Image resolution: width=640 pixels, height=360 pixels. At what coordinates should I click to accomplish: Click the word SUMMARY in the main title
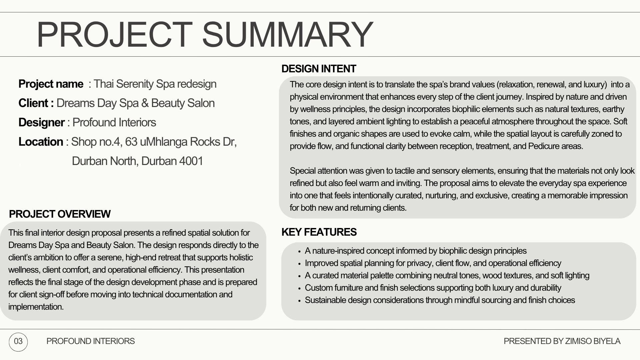pos(287,34)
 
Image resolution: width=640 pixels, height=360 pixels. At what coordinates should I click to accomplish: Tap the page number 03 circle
pos(18,341)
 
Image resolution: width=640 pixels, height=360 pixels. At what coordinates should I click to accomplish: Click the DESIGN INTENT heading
pos(319,69)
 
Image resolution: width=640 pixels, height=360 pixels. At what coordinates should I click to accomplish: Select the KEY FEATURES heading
pos(319,232)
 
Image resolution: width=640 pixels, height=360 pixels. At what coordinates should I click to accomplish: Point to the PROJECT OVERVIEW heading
pos(60,214)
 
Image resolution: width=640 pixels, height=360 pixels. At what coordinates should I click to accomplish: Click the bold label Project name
pos(51,84)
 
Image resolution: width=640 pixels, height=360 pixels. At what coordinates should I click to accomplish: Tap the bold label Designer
pos(42,122)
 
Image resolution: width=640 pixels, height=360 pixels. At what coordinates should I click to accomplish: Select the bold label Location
pos(41,142)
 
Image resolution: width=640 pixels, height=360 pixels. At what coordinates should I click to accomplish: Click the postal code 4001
pos(191,161)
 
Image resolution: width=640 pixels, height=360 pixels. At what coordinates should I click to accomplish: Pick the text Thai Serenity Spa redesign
pos(155,84)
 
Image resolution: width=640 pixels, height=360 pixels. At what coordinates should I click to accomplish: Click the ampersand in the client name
pos(145,103)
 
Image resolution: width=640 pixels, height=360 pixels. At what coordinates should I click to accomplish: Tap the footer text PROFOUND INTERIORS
pos(91,341)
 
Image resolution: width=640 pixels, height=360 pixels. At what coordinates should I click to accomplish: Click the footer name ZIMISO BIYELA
pos(593,341)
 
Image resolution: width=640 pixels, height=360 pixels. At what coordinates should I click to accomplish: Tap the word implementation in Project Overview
pos(36,307)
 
